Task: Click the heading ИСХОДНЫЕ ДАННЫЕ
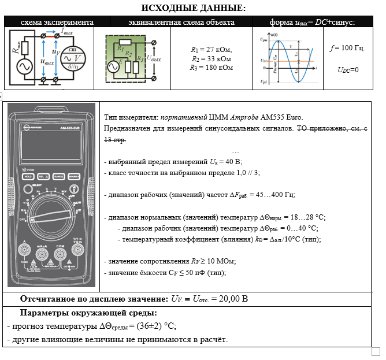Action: [x=193, y=8]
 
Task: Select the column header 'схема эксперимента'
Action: [x=57, y=22]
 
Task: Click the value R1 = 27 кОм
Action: [x=211, y=50]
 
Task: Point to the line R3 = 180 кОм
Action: [x=211, y=68]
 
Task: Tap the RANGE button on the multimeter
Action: [x=58, y=176]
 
